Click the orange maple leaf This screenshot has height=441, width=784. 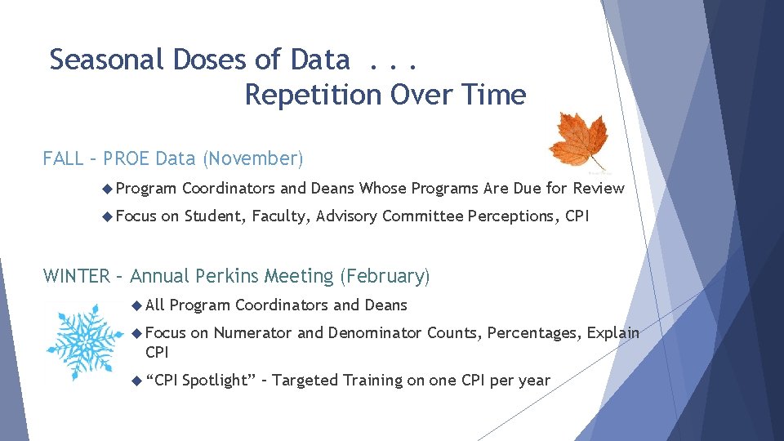click(579, 140)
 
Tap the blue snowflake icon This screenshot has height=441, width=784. click(84, 342)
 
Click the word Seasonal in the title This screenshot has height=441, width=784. click(106, 60)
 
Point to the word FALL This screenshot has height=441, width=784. click(63, 158)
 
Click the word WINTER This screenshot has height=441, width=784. click(77, 276)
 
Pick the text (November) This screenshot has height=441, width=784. click(252, 158)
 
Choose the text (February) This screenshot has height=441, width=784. click(385, 276)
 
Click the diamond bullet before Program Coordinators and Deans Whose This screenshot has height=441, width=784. click(108, 189)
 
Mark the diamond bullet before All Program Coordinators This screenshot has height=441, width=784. click(137, 306)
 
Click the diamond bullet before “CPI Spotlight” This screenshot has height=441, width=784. click(137, 381)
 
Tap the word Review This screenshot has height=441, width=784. click(599, 189)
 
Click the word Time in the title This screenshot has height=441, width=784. click(494, 95)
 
